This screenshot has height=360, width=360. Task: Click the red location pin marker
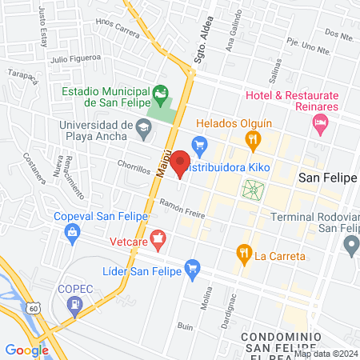coord(180,162)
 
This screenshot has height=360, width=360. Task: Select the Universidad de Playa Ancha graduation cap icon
coord(142,125)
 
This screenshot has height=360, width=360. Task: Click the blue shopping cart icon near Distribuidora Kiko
coord(200,144)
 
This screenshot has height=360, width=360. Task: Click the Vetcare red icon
coord(158,237)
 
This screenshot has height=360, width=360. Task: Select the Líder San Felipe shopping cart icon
coord(191,268)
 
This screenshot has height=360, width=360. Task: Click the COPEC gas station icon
coord(74,303)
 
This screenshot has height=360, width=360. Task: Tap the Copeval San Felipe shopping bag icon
coord(73,233)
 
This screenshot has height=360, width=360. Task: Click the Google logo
coord(26,350)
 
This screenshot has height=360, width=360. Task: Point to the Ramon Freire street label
coord(182,209)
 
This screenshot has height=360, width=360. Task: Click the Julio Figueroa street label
coord(75,58)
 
